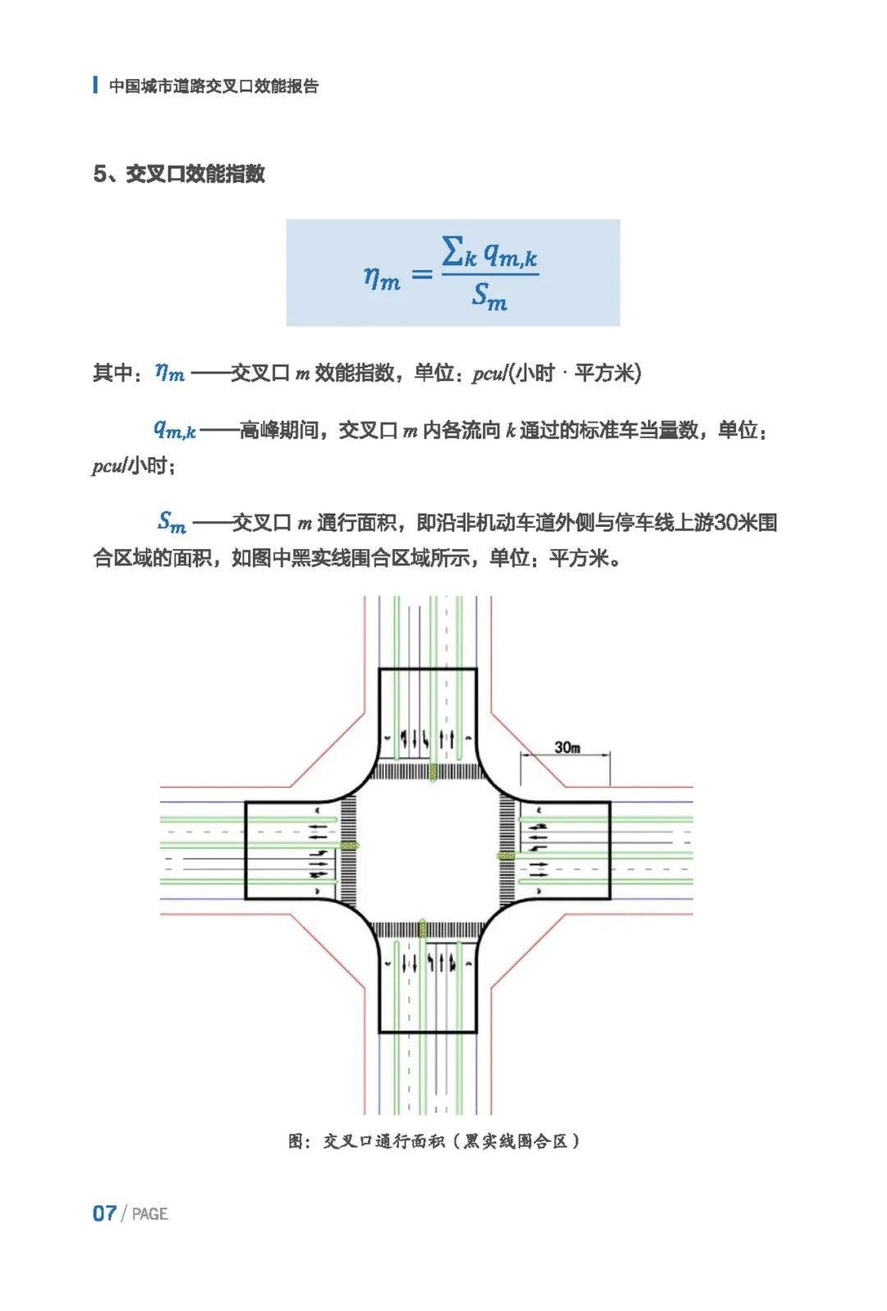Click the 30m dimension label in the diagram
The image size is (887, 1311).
[x=567, y=747]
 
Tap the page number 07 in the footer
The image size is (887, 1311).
[x=104, y=1213]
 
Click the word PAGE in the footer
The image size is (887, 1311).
[x=149, y=1214]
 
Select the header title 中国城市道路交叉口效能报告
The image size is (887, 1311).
[x=214, y=86]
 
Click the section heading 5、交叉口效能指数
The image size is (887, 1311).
[x=179, y=174]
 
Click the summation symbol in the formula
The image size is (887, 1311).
[x=453, y=251]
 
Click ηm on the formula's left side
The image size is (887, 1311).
[x=381, y=277]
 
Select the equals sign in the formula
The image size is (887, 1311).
[x=421, y=274]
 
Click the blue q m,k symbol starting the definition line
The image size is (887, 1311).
[x=175, y=429]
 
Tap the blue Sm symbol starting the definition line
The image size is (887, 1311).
[x=172, y=522]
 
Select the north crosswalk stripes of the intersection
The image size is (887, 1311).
[x=427, y=772]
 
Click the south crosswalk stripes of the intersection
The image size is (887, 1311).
[x=427, y=929]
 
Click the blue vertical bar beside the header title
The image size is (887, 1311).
[x=95, y=85]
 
